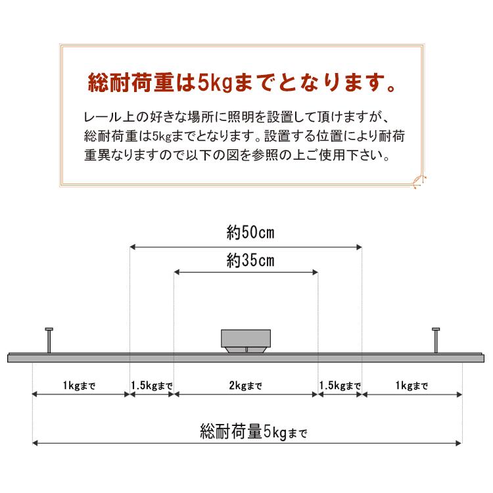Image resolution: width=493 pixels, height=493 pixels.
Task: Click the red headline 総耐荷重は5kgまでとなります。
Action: pyautogui.click(x=241, y=83)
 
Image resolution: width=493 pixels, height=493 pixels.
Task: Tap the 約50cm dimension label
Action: pyautogui.click(x=250, y=233)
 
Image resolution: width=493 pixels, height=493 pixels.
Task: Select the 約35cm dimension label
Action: pyautogui.click(x=250, y=261)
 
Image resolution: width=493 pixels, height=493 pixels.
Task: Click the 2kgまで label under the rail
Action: pyautogui.click(x=246, y=385)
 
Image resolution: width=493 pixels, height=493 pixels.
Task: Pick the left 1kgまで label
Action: pyautogui.click(x=79, y=385)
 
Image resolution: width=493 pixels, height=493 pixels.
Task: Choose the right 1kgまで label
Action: pyautogui.click(x=411, y=385)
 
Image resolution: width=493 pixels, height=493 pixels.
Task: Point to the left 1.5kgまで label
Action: pyautogui.click(x=152, y=385)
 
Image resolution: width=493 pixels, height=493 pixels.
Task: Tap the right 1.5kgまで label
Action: pyautogui.click(x=340, y=385)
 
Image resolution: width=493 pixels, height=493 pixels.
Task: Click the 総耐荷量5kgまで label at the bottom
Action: pyautogui.click(x=254, y=431)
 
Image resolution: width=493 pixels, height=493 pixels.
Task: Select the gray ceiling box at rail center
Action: pyautogui.click(x=246, y=340)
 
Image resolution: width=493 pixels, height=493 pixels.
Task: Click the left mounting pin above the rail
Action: pyautogui.click(x=49, y=340)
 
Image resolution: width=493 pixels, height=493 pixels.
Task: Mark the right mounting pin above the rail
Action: pyautogui.click(x=436, y=340)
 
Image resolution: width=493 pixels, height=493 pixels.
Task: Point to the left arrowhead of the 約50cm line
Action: pyautogui.click(x=132, y=247)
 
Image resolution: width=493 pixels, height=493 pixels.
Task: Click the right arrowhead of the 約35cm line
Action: pyautogui.click(x=315, y=272)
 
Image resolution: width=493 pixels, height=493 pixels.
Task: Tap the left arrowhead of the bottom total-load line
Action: pyautogui.click(x=35, y=443)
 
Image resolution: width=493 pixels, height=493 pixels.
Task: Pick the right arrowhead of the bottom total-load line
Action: pyautogui.click(x=459, y=443)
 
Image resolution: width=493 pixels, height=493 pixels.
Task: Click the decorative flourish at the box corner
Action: pyautogui.click(x=419, y=181)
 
